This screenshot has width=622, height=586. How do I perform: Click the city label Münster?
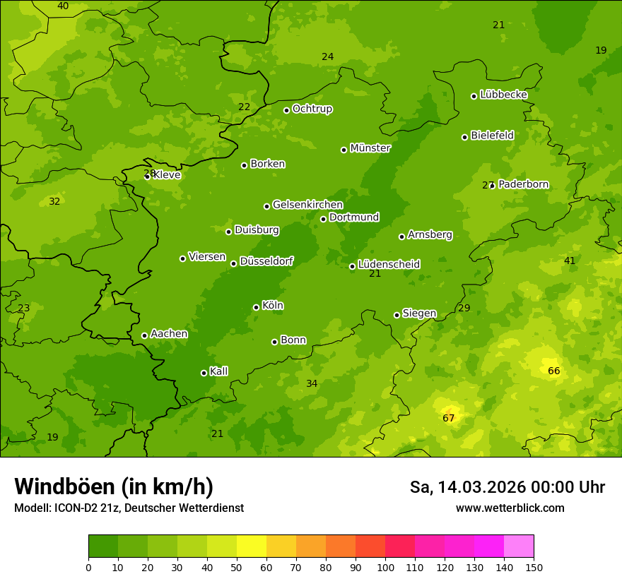point(370,148)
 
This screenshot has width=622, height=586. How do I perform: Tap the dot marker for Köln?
point(256,307)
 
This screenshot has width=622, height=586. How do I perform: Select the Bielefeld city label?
point(492,136)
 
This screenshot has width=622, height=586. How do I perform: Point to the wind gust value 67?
point(449,418)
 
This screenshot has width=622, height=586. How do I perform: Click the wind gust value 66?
point(554,371)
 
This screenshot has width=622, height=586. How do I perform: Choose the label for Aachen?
point(169,334)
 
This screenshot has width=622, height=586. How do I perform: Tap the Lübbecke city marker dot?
point(474,96)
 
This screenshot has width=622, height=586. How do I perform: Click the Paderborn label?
point(523,184)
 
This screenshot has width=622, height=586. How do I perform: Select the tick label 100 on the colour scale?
point(385,568)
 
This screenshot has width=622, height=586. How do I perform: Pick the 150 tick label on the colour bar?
point(534,568)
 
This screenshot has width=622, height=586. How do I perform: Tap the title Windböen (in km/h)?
point(114,486)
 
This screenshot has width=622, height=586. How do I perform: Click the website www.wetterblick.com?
point(510,508)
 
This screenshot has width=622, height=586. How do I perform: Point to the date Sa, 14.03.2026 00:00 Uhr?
point(507,487)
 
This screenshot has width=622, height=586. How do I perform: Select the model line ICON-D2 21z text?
point(129,508)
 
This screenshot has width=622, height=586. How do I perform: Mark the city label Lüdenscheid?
point(389,265)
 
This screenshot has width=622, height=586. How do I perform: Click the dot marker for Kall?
point(204,373)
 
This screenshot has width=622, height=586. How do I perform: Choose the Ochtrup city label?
point(312,109)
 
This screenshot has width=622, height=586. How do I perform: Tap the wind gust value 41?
point(570,261)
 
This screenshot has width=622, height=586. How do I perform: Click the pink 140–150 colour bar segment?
point(519,546)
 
